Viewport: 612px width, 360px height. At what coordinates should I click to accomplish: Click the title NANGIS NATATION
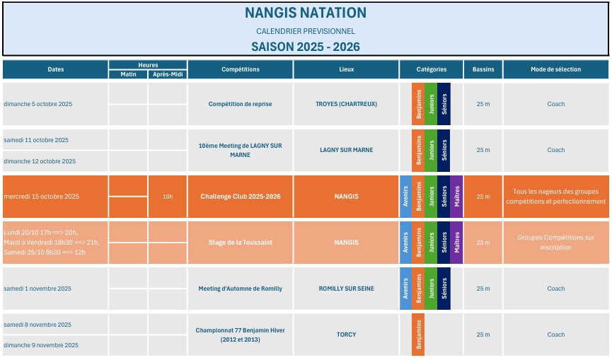[306, 13]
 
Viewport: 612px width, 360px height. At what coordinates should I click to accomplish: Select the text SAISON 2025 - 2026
[306, 47]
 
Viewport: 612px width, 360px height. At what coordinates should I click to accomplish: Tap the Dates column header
[55, 69]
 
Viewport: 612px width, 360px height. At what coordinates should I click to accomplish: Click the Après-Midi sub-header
[168, 74]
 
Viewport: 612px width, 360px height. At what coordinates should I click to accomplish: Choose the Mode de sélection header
[555, 69]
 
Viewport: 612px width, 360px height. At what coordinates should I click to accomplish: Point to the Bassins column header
[483, 69]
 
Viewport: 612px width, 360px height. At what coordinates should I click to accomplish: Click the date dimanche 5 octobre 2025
[38, 104]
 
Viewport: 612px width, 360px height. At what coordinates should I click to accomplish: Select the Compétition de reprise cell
[240, 104]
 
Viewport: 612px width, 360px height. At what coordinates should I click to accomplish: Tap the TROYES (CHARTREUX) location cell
[346, 104]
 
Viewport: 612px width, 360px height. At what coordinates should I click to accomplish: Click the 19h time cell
[168, 196]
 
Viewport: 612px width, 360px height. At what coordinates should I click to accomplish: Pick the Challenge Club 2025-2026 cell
[240, 196]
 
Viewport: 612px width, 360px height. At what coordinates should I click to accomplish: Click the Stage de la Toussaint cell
[240, 243]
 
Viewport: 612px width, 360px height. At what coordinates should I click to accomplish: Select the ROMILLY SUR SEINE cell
[346, 289]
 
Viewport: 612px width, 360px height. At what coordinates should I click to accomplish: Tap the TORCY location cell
[346, 335]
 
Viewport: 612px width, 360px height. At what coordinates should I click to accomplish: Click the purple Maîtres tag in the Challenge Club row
[456, 196]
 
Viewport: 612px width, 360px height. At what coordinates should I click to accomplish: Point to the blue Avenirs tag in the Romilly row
[405, 289]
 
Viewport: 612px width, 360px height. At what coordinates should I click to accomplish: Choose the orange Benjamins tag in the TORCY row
[418, 335]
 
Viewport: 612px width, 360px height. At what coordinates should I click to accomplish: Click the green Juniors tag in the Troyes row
[431, 104]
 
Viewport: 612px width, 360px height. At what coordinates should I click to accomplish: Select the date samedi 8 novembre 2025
[37, 325]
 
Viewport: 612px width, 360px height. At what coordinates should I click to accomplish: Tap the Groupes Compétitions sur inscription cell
[555, 243]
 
